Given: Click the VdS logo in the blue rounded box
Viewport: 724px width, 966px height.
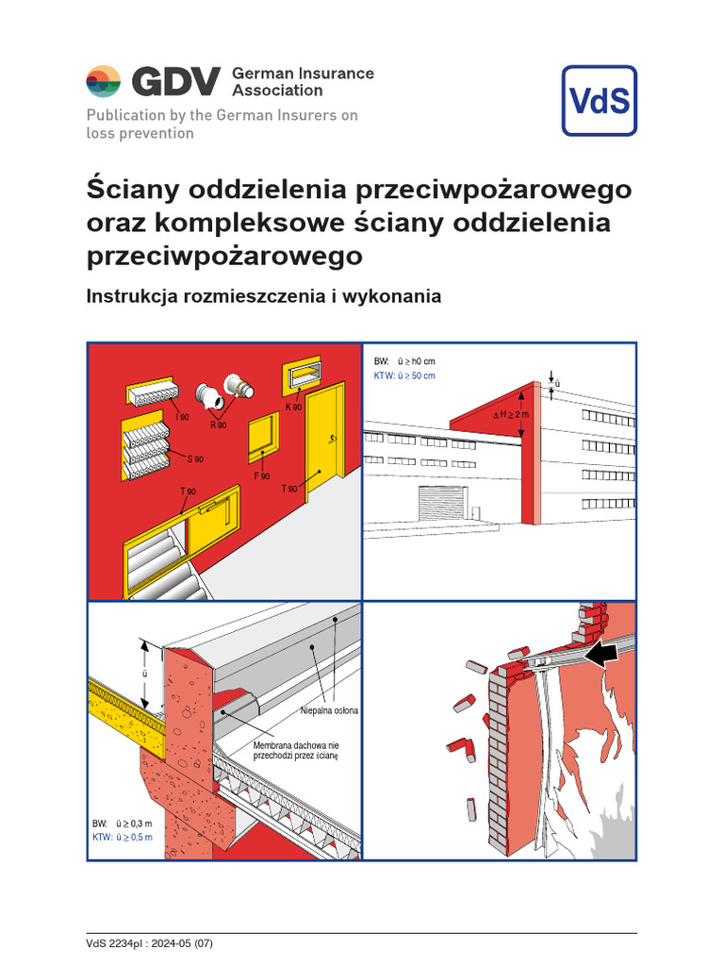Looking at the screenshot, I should point(599,101).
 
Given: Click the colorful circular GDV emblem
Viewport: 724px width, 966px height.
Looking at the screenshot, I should point(104,82).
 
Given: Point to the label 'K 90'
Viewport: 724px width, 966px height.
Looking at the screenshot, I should point(293,407).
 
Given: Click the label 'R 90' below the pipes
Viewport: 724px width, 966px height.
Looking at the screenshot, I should point(219,425).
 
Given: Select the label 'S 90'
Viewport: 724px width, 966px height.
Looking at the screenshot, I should point(195,459).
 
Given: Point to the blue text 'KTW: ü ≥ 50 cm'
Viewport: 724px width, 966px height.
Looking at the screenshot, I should point(404,375).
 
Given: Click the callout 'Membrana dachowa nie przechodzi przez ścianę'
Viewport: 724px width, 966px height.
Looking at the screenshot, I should point(295,751).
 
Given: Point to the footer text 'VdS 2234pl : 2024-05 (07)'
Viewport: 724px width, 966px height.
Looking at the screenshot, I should point(153,943).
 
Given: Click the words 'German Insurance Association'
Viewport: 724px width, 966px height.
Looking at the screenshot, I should point(302,82).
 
